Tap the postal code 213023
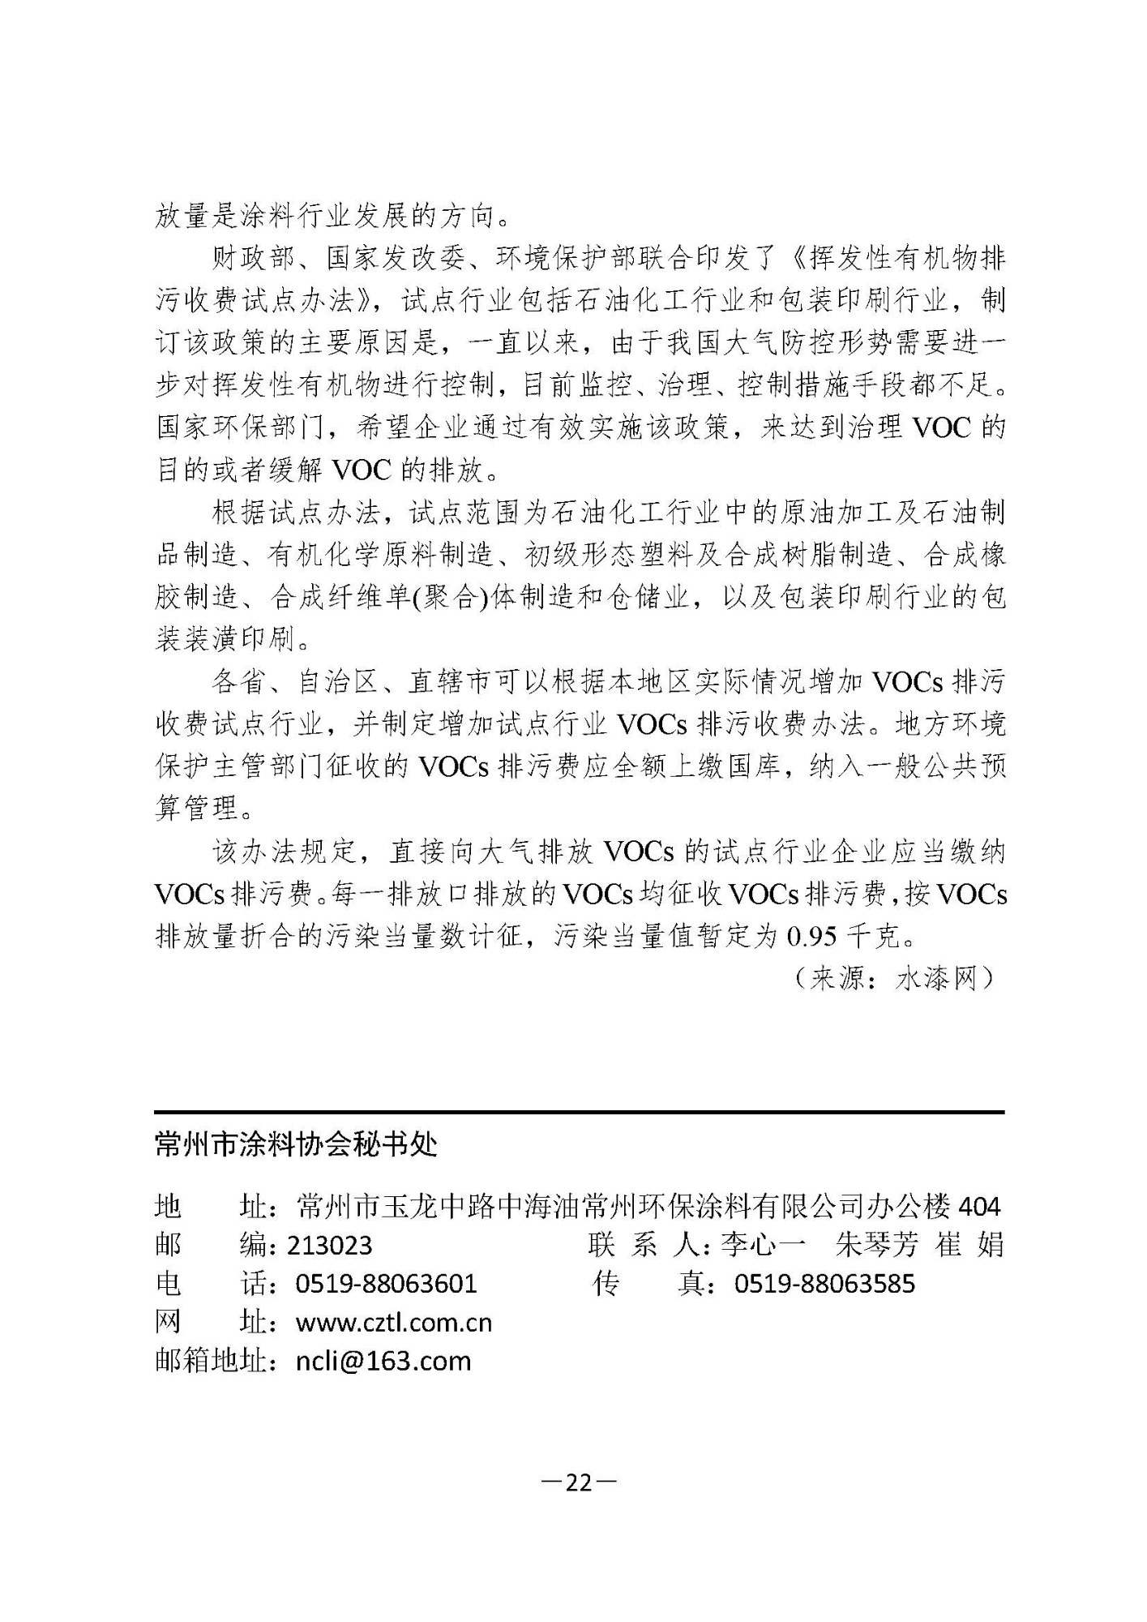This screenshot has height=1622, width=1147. pos(329,1245)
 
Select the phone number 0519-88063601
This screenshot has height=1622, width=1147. pos(386,1284)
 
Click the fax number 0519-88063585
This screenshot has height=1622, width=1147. pos(824,1284)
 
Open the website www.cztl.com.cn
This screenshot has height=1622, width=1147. pos(394,1323)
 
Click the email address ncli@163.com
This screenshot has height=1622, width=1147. pos(383,1361)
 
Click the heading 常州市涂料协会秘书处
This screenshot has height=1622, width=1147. pos(296,1144)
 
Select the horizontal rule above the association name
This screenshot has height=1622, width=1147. pos(579,1112)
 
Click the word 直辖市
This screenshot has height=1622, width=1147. pos(448,683)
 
